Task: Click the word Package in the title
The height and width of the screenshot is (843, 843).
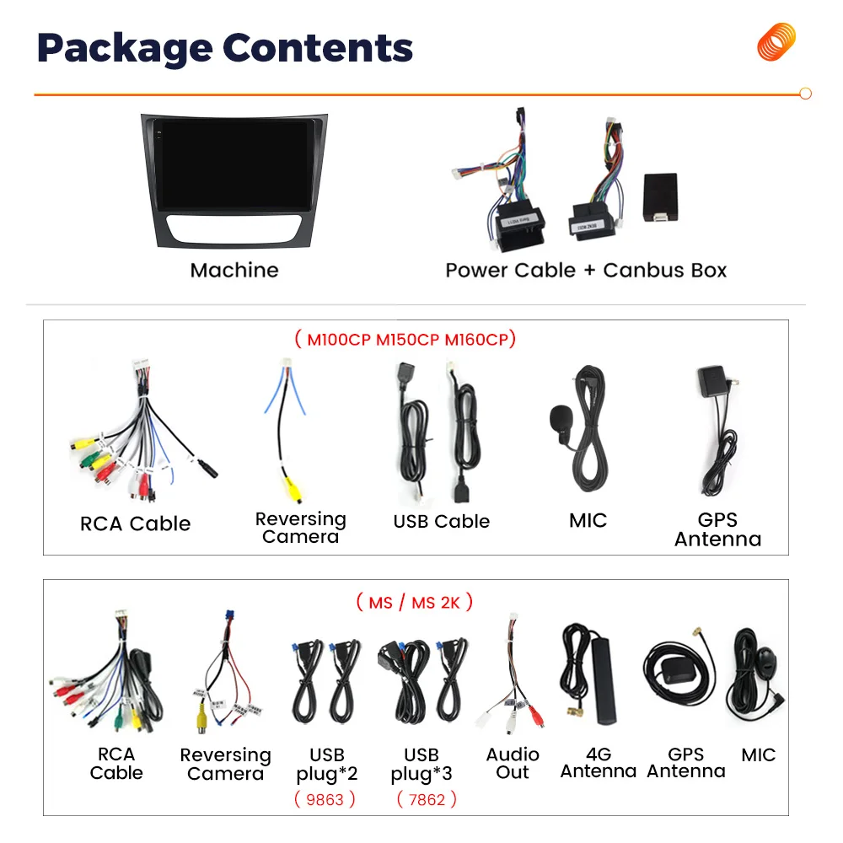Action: [x=118, y=48]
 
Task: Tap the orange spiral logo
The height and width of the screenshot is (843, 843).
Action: [x=776, y=41]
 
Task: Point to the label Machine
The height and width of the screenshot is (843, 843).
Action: [x=234, y=270]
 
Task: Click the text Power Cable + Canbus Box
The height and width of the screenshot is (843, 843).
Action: [x=586, y=270]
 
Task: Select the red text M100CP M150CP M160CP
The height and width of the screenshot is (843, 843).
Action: [x=405, y=340]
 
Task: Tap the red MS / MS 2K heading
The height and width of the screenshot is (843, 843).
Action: [x=414, y=602]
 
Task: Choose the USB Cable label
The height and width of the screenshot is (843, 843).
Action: [x=441, y=521]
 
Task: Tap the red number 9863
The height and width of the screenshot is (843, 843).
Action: [x=325, y=798]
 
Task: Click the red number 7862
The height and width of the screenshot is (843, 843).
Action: [x=426, y=798]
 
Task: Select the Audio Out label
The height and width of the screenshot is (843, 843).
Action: [x=513, y=763]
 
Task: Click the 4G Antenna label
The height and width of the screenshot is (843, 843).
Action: [x=599, y=763]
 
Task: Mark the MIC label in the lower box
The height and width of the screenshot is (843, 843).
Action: [x=758, y=755]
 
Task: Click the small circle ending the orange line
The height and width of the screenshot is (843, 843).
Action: [x=805, y=94]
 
